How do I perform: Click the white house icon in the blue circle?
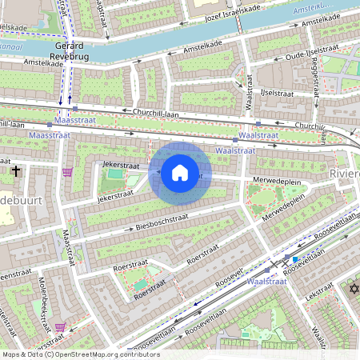tap(180, 173)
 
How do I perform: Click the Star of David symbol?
tap(352, 289)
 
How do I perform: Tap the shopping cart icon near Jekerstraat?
tap(67, 171)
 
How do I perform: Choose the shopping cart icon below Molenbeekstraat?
tap(61, 327)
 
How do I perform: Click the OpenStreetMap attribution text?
tap(81, 354)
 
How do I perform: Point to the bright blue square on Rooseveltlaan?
tap(295, 259)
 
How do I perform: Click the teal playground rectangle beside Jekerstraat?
tap(117, 174)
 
